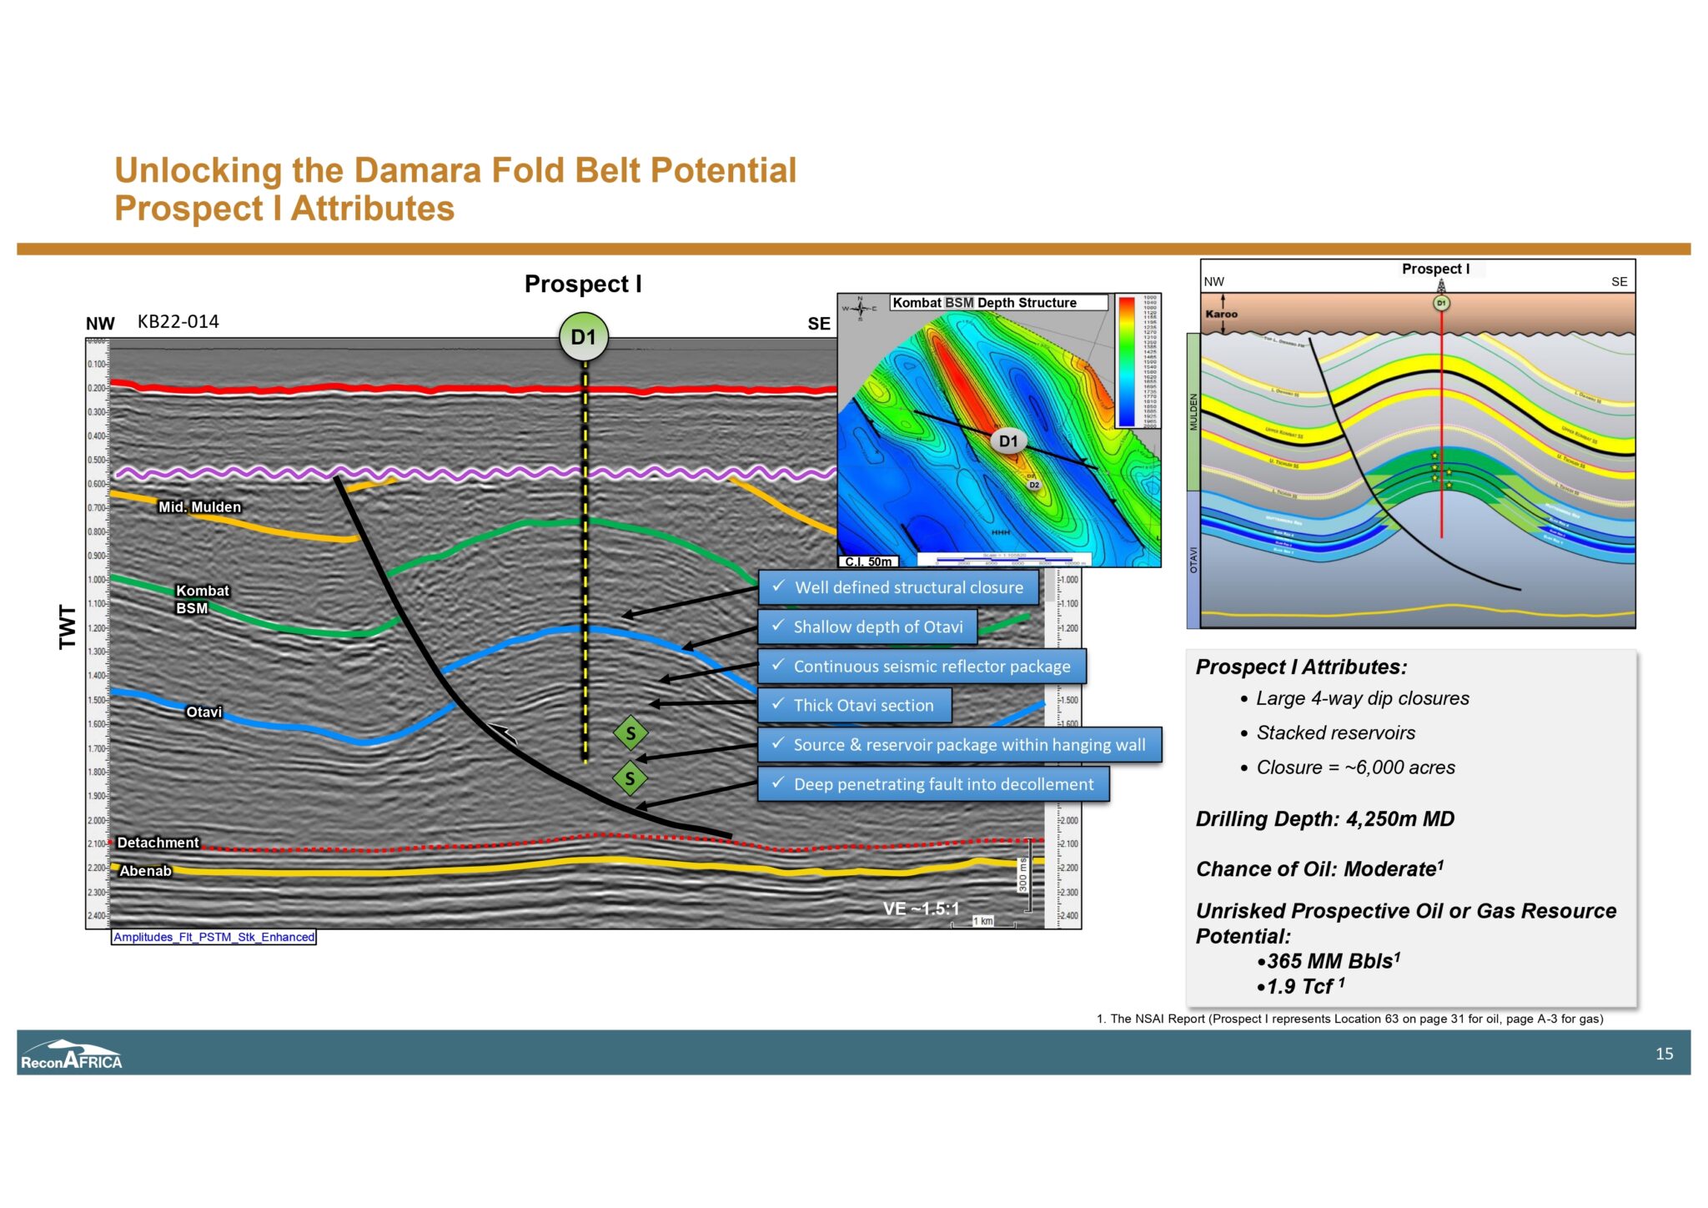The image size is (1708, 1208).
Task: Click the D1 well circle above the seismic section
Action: coord(583,337)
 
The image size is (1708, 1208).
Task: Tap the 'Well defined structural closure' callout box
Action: coord(898,587)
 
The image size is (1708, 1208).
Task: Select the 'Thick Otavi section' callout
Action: coord(855,706)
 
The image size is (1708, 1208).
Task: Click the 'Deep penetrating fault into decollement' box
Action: coord(933,784)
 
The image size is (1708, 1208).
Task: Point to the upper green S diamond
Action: coord(630,734)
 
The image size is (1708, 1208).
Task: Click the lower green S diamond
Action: coord(630,779)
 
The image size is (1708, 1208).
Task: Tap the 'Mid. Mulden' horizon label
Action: coord(199,507)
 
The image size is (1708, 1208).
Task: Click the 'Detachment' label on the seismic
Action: coord(158,843)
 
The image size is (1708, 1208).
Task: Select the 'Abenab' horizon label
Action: coord(145,871)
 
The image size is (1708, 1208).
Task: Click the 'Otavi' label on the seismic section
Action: coord(203,712)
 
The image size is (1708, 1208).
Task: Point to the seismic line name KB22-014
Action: coord(178,322)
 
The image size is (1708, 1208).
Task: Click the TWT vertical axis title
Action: coord(68,627)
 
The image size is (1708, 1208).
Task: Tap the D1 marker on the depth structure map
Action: coord(1008,441)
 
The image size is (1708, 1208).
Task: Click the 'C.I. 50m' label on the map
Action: coord(867,561)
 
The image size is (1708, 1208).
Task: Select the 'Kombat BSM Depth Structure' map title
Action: coord(984,303)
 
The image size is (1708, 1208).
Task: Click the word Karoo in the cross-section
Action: coord(1221,315)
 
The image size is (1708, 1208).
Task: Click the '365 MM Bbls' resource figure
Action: coord(1330,961)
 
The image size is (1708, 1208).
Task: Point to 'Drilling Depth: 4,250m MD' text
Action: coord(1324,819)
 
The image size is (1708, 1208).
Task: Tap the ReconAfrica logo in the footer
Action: coord(72,1055)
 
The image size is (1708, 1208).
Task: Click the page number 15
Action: coord(1664,1054)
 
